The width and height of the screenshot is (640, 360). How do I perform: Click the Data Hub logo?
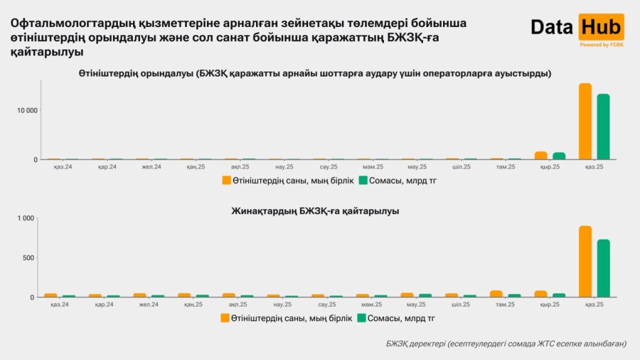coord(577,28)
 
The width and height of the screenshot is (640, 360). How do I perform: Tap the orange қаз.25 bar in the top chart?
coord(585,122)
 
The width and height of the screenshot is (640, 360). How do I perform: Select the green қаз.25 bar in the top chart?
coord(603,127)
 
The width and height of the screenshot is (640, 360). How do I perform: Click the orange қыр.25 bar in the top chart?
coord(541,156)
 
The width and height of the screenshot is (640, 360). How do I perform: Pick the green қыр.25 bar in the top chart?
coord(559,156)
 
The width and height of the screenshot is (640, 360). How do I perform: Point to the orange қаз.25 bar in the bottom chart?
coord(585,262)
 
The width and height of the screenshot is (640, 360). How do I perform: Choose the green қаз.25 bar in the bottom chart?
coord(603,268)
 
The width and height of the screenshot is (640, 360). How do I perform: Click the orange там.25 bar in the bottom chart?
coord(496,294)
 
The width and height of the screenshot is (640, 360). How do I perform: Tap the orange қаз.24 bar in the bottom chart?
coord(51,295)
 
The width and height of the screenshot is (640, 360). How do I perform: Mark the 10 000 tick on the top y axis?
coord(26,110)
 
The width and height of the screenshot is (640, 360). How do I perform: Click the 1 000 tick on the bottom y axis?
coord(26,218)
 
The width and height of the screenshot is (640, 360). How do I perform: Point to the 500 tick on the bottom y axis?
coord(29,258)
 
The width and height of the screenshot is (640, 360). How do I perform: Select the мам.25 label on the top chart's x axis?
coord(372,167)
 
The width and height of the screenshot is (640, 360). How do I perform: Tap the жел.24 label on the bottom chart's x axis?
coord(151,305)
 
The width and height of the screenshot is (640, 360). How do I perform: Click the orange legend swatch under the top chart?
coord(227,181)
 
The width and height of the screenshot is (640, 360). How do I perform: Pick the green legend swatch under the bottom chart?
coord(362,318)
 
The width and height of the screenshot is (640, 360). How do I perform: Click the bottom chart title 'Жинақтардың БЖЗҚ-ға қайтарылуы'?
coord(315,211)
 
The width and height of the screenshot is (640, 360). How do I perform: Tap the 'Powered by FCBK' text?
coord(602,45)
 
